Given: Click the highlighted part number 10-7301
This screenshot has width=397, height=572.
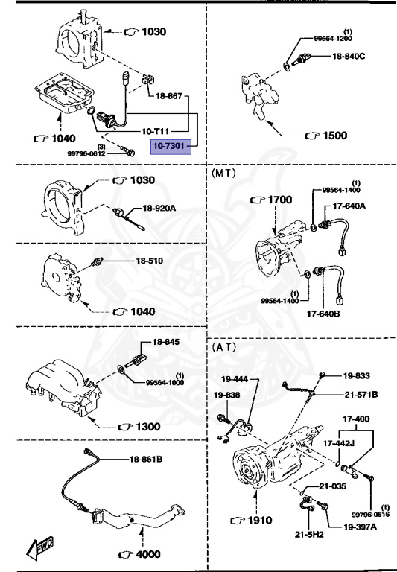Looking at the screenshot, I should [171, 147].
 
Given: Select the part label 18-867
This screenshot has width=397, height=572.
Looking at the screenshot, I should [170, 96].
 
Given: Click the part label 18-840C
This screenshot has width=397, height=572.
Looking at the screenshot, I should [348, 56].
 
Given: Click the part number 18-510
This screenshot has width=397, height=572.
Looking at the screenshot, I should [150, 261].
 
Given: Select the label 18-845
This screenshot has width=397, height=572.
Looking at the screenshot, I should [166, 343].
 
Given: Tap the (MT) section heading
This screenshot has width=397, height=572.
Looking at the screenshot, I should [224, 172].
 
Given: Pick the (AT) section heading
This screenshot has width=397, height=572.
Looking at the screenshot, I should [223, 347].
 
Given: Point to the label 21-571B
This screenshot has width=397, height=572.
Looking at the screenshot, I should [361, 394].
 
